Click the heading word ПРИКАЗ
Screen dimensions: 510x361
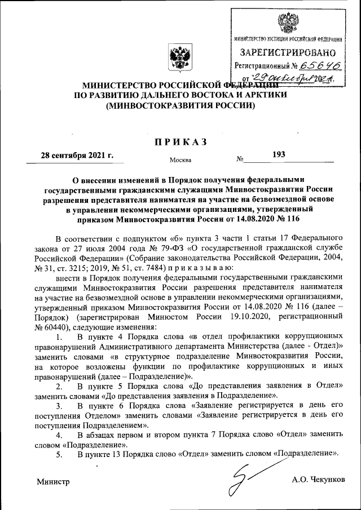[x=181, y=141]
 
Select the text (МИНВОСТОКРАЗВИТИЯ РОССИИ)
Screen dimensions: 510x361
[x=180, y=105]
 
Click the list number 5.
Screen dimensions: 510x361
[x=59, y=454]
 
